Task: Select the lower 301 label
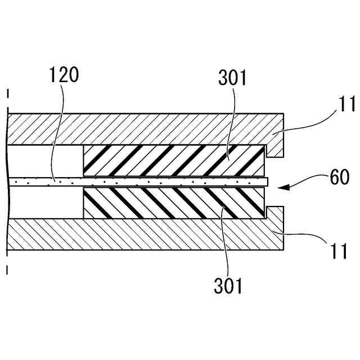[228, 286]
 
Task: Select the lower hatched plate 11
[141, 236]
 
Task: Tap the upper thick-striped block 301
[174, 160]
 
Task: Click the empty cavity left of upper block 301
[45, 160]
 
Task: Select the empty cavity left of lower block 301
[45, 203]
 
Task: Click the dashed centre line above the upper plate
[8, 98]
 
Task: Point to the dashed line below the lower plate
[8, 267]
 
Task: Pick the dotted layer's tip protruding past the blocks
[267, 182]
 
